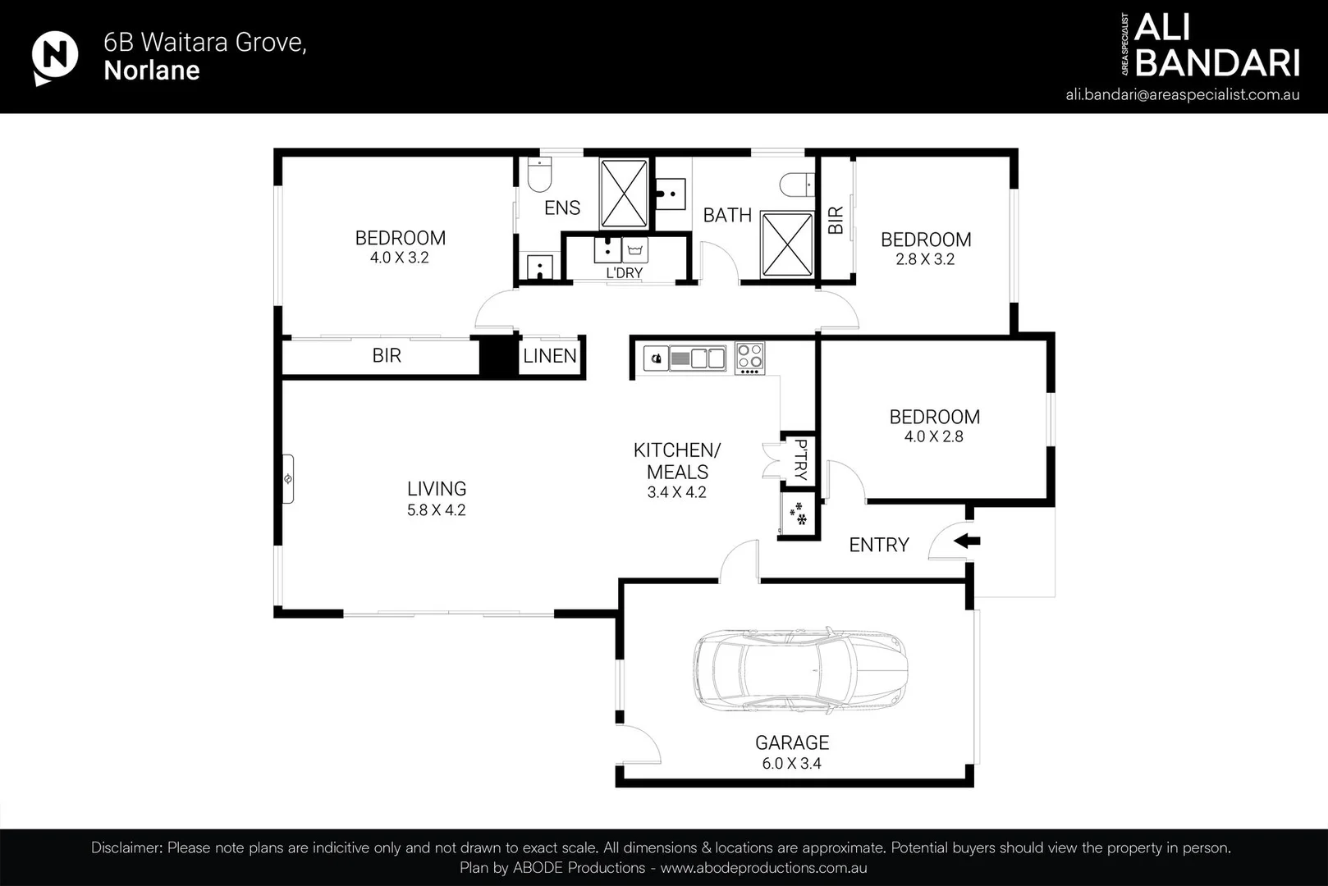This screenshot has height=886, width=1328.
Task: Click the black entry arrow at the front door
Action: [x=966, y=541]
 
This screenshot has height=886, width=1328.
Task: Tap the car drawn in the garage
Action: [x=800, y=670]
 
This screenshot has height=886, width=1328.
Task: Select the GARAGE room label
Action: [x=792, y=742]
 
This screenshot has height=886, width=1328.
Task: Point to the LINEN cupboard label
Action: [x=550, y=355]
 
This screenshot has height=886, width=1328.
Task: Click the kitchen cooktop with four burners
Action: [x=749, y=358]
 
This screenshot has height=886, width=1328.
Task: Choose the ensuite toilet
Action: [x=539, y=174]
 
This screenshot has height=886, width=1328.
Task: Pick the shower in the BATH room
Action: [x=787, y=244]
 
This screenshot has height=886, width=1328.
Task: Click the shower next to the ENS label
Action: [x=624, y=194]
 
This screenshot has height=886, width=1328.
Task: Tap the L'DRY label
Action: [x=625, y=272]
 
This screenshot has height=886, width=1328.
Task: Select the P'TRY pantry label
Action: [x=800, y=459]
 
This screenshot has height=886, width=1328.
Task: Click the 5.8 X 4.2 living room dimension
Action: [x=437, y=510]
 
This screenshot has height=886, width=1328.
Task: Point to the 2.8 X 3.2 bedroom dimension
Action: [x=925, y=259]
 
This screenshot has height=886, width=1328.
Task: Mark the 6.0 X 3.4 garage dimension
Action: [x=791, y=763]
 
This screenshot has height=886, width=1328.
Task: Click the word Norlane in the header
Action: [x=152, y=70]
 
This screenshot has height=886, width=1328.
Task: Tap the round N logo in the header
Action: [x=54, y=57]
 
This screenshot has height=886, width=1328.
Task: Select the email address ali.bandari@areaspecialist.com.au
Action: [x=1182, y=94]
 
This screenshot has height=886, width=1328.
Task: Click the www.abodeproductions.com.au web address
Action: [x=763, y=868]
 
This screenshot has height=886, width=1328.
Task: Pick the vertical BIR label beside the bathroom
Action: [x=836, y=220]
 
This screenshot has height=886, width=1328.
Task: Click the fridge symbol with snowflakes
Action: [x=798, y=514]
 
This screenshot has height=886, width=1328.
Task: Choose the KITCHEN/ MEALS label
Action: [x=677, y=461]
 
